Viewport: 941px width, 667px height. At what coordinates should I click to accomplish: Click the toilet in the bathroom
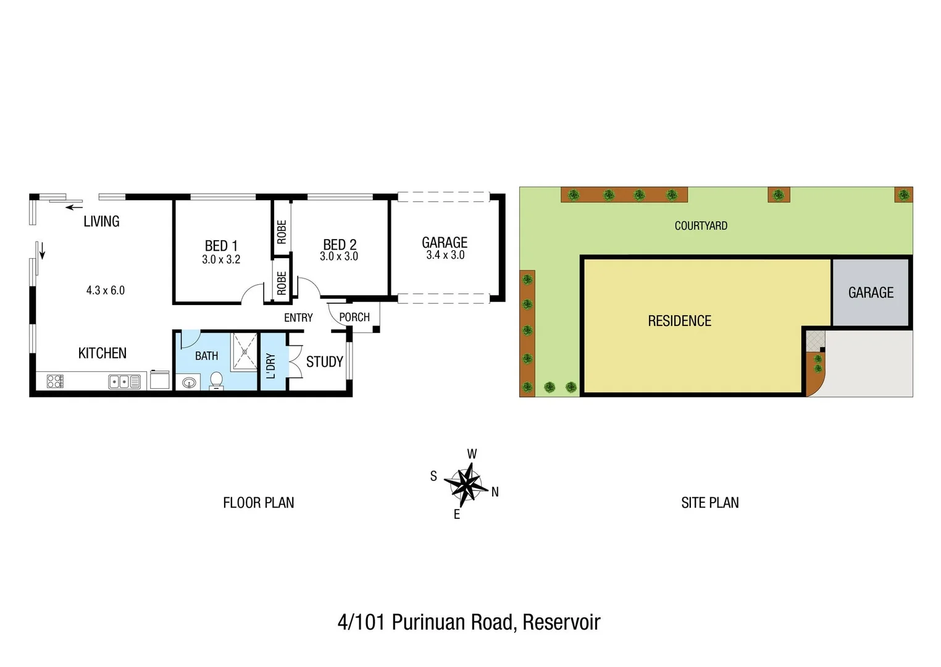(216, 380)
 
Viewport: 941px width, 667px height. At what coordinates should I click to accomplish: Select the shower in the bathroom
(245, 351)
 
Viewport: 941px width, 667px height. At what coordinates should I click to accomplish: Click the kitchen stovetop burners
(55, 382)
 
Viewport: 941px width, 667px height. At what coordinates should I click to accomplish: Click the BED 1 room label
(221, 246)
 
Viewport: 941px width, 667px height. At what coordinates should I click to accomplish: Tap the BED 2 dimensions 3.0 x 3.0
(339, 256)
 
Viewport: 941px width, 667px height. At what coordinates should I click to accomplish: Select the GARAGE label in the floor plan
(445, 243)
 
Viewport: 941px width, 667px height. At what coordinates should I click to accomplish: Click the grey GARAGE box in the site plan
(871, 293)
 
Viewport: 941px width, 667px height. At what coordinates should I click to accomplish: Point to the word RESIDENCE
(679, 321)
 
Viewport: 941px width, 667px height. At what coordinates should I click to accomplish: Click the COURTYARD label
(701, 226)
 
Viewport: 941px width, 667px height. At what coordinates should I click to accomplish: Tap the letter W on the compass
(472, 454)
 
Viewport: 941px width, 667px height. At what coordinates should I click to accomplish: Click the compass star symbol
(466, 483)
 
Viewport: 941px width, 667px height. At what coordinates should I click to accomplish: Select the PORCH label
(354, 317)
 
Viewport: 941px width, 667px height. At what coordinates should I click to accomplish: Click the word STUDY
(324, 362)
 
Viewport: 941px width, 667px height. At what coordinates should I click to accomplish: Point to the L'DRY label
(270, 366)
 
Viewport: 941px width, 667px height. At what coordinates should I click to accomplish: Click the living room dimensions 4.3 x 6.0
(106, 290)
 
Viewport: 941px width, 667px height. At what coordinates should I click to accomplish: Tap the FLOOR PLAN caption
(258, 503)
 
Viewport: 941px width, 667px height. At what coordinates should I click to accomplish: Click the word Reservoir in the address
(561, 622)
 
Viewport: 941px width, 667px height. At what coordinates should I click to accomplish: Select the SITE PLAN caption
(709, 503)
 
